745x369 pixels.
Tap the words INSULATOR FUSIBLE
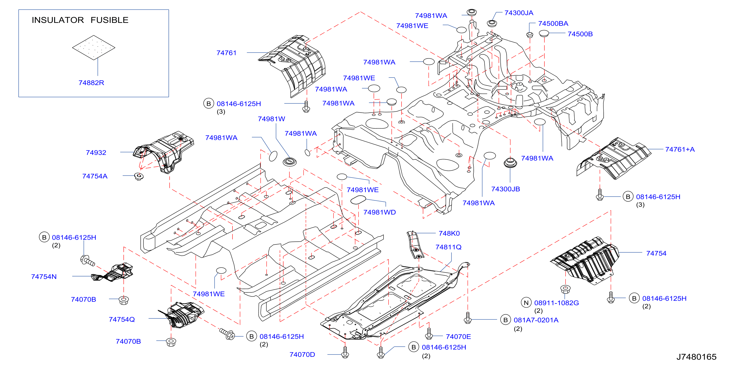pyautogui.click(x=80, y=20)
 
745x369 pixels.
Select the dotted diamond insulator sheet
pyautogui.click(x=93, y=47)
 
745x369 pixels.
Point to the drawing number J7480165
pyautogui.click(x=696, y=357)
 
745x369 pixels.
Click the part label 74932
pyautogui.click(x=96, y=153)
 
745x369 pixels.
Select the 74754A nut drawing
pyautogui.click(x=139, y=176)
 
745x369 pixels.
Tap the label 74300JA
pyautogui.click(x=519, y=13)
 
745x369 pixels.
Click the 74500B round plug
pyautogui.click(x=544, y=34)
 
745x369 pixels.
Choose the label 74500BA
pyautogui.click(x=553, y=23)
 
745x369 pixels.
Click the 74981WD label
pyautogui.click(x=379, y=212)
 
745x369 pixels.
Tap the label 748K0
pyautogui.click(x=449, y=233)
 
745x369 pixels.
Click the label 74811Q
pyautogui.click(x=449, y=247)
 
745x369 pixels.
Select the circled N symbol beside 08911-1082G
pyautogui.click(x=526, y=303)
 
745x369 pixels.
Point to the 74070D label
pyautogui.click(x=302, y=355)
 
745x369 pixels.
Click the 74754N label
pyautogui.click(x=44, y=277)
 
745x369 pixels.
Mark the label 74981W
pyautogui.click(x=271, y=119)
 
